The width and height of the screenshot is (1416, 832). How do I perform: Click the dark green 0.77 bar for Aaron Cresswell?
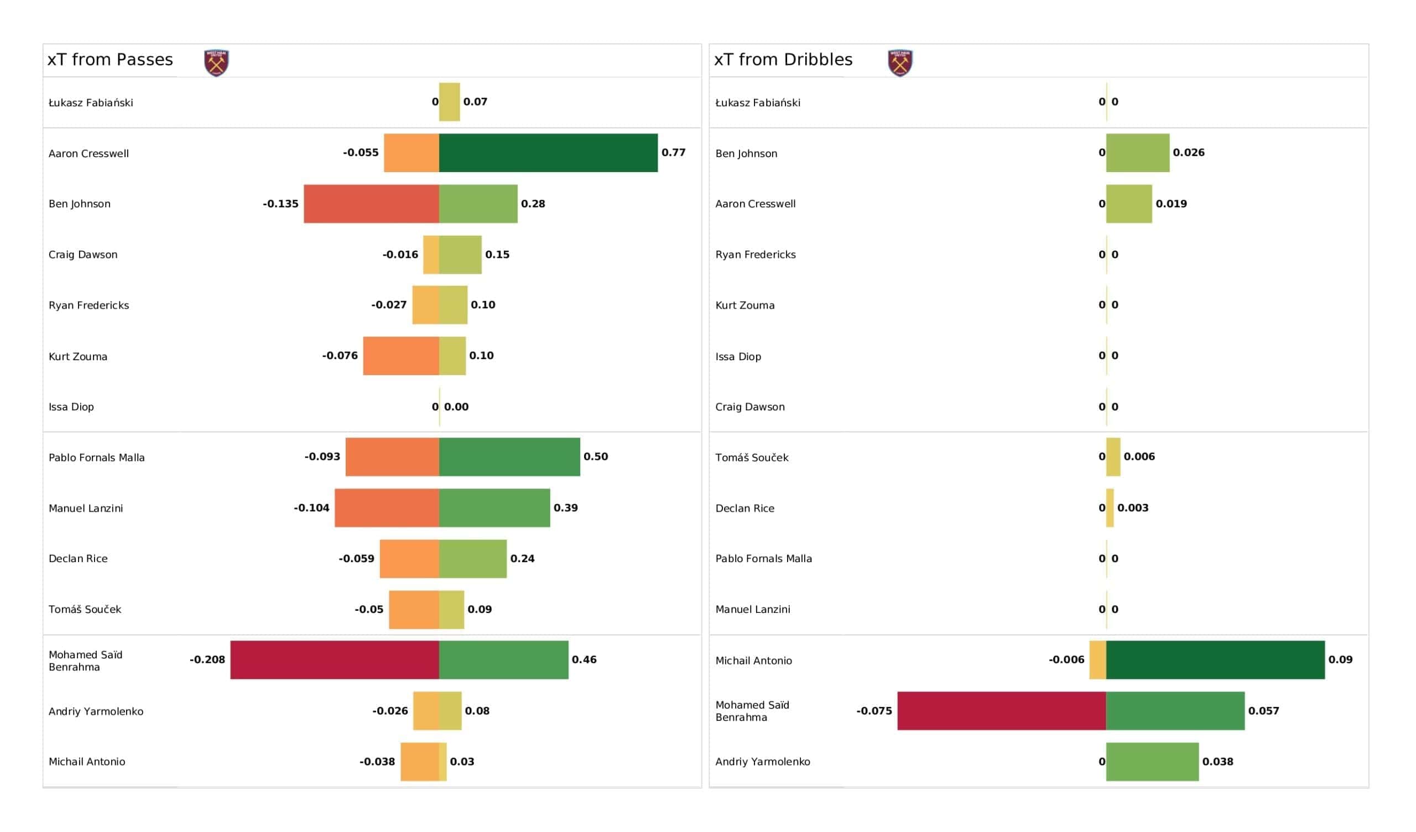click(x=548, y=153)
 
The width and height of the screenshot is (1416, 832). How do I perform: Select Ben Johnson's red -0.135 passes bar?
click(x=371, y=204)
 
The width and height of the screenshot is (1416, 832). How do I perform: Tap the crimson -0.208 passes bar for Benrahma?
click(x=335, y=660)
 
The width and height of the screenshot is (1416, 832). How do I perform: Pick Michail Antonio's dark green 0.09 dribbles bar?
click(x=1215, y=660)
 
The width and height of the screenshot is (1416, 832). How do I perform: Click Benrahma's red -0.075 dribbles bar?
click(x=1002, y=711)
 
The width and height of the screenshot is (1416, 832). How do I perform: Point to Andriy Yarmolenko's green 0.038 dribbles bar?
click(x=1153, y=762)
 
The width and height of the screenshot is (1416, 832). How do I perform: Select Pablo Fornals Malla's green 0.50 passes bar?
click(x=509, y=457)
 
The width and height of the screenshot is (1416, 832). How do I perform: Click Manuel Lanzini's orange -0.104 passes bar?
click(x=387, y=508)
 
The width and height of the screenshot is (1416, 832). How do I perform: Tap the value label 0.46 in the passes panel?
click(x=584, y=659)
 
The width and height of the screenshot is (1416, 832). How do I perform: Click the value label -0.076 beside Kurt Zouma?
click(x=340, y=355)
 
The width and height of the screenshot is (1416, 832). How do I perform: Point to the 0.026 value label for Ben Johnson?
click(x=1189, y=152)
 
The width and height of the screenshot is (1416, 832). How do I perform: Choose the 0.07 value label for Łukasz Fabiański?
click(x=475, y=102)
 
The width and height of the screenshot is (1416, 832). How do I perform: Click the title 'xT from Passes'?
click(x=110, y=60)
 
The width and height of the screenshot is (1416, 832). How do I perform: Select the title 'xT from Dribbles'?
click(x=783, y=60)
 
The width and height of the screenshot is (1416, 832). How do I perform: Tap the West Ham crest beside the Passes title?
click(x=216, y=63)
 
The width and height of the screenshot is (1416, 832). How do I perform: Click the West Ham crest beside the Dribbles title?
click(x=900, y=63)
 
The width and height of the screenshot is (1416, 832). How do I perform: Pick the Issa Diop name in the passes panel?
click(x=71, y=407)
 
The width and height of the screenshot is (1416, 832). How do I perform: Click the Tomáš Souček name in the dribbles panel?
click(x=752, y=457)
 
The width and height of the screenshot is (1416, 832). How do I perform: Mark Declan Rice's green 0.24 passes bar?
click(x=473, y=559)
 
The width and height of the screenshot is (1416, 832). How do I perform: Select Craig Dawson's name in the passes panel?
click(x=83, y=254)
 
